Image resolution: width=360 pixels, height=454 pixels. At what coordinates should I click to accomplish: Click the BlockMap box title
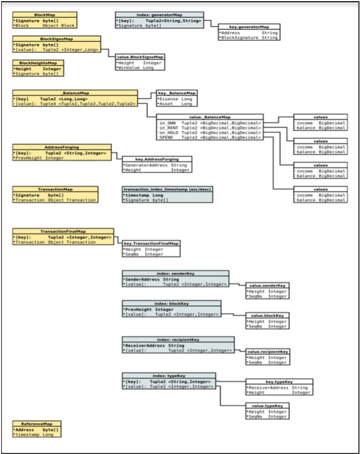tap(44, 15)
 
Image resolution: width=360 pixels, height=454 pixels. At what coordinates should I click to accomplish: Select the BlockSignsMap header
tap(57, 39)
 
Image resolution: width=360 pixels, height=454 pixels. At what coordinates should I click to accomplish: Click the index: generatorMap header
tap(159, 15)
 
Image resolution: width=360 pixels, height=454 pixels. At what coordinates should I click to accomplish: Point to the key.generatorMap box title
tap(248, 27)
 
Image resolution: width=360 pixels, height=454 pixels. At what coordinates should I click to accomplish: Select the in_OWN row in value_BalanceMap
tap(210, 122)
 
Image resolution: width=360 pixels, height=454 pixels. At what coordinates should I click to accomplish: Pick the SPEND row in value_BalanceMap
tap(210, 137)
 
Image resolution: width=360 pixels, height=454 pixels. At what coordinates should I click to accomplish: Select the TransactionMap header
tap(55, 189)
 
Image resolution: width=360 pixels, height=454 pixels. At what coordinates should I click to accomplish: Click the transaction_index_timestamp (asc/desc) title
tap(167, 189)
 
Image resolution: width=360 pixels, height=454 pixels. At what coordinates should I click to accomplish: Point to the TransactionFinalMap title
tap(63, 231)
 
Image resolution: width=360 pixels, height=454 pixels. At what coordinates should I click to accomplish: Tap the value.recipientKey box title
tap(268, 351)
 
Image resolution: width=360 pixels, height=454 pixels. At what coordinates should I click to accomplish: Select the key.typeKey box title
tap(278, 381)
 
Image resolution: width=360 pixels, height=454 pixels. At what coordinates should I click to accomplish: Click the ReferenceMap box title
tap(37, 423)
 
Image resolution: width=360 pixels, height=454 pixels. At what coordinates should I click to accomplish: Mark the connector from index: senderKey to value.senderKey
tap(237, 284)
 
